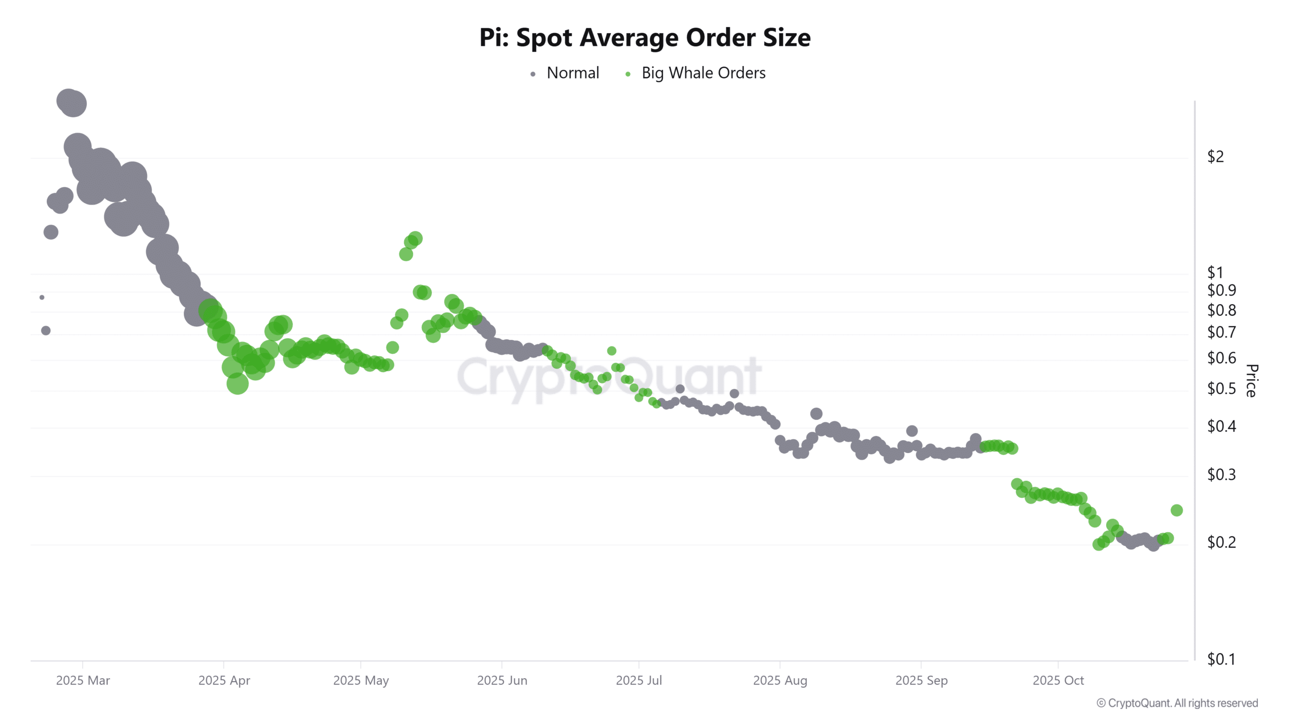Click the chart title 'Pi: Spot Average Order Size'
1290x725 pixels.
644,38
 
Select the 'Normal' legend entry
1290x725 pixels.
572,73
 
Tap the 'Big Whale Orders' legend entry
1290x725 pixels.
703,73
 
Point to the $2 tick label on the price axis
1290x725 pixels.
1215,157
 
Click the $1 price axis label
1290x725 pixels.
1215,272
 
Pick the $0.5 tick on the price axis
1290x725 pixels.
1221,389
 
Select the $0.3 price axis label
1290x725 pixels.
1221,475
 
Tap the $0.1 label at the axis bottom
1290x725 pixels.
1221,659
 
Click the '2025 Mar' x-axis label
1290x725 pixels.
83,681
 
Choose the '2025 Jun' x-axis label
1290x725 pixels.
502,681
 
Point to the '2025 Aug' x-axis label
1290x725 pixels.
780,681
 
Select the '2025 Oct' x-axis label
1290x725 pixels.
1058,681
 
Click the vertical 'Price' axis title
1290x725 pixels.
1251,381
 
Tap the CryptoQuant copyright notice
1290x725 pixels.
1177,703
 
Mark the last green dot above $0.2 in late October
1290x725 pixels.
1177,511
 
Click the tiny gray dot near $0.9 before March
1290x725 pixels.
42,298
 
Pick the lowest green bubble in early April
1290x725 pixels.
237,384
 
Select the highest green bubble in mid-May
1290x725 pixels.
415,239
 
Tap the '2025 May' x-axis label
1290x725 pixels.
361,681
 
